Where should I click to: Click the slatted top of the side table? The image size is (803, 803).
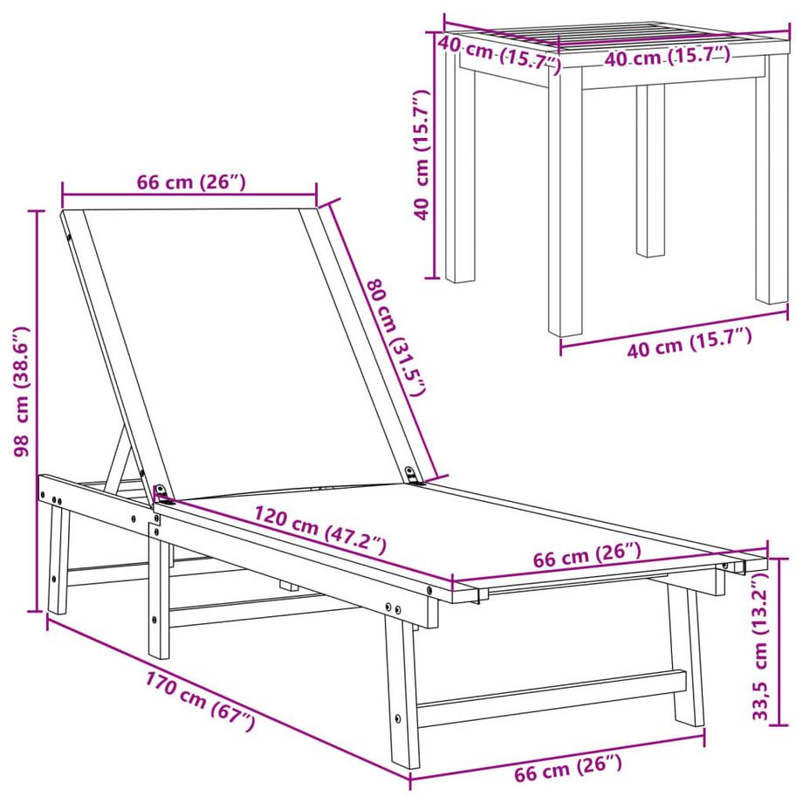coord(611,40)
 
